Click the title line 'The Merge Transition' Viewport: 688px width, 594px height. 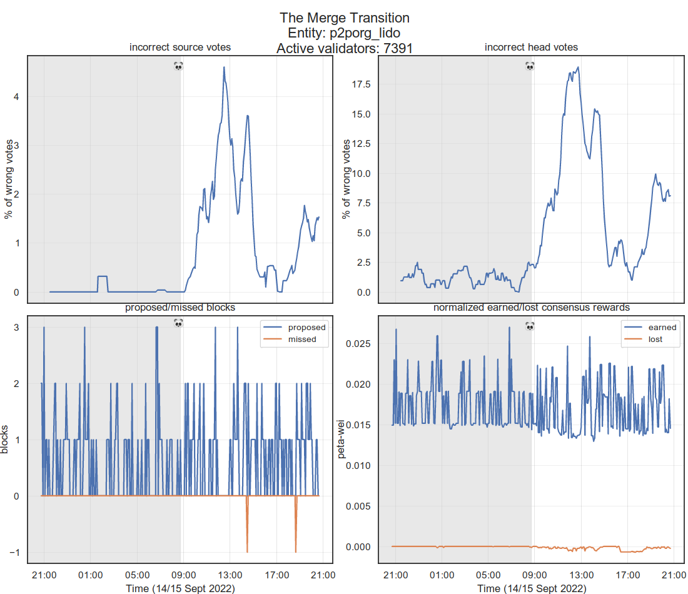point(344,18)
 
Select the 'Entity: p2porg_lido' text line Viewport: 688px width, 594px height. point(344,33)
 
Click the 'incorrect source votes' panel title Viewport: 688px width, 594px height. point(180,48)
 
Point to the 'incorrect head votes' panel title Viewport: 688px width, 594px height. point(531,48)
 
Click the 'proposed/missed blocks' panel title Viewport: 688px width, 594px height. point(180,308)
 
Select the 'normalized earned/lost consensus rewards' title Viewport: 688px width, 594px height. point(531,308)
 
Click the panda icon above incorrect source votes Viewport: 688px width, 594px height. point(178,66)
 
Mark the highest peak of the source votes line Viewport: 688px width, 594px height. point(224,68)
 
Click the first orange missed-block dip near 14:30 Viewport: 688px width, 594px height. point(247,550)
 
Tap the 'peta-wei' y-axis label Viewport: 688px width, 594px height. point(342,440)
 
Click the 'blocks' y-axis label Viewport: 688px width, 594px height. point(6,440)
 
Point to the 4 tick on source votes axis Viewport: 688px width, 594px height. point(16,96)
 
